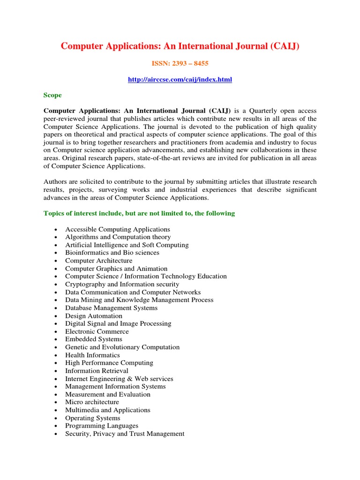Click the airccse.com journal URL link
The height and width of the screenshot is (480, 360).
pyautogui.click(x=180, y=80)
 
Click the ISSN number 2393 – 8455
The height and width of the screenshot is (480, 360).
pyautogui.click(x=180, y=63)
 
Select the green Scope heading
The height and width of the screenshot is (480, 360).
pyautogui.click(x=52, y=95)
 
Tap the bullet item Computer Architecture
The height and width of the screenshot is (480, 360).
pyautogui.click(x=98, y=261)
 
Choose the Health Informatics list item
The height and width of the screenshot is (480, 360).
pyautogui.click(x=92, y=355)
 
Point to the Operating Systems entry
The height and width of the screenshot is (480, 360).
pyautogui.click(x=92, y=418)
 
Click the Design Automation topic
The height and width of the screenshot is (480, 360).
pyautogui.click(x=93, y=316)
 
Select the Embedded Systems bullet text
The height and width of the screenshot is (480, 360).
pyautogui.click(x=93, y=339)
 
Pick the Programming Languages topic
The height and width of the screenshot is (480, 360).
pyautogui.click(x=102, y=426)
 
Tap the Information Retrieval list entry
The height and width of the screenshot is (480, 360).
pyautogui.click(x=97, y=371)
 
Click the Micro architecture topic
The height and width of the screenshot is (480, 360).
pyautogui.click(x=92, y=402)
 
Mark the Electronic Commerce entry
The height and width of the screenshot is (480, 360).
pyautogui.click(x=97, y=331)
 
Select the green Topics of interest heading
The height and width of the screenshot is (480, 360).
pyautogui.click(x=139, y=213)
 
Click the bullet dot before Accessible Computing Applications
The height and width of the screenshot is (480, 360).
pyautogui.click(x=56, y=230)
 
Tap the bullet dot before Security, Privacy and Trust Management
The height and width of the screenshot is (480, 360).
pyautogui.click(x=56, y=434)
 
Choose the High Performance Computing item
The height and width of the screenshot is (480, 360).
pyautogui.click(x=109, y=363)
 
